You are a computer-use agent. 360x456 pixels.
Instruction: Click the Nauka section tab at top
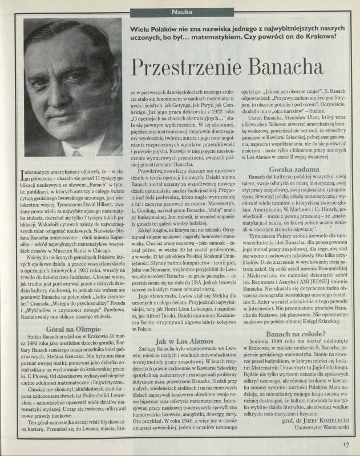tap(179, 11)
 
